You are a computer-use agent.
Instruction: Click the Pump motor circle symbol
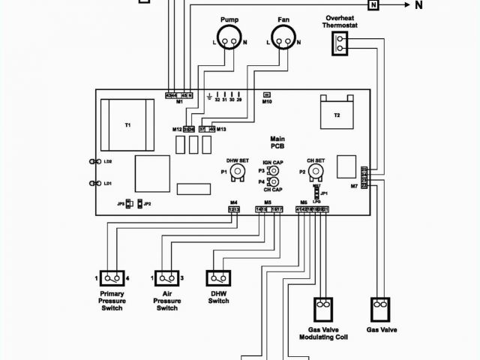click(230, 36)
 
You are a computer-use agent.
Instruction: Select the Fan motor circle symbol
click(283, 36)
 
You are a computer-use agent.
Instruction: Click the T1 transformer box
click(127, 124)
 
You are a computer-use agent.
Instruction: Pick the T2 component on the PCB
click(337, 114)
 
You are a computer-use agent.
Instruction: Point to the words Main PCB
click(277, 142)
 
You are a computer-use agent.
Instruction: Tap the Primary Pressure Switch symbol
click(112, 277)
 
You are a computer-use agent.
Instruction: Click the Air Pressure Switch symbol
click(166, 277)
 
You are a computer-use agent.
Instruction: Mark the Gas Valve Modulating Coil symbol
click(322, 307)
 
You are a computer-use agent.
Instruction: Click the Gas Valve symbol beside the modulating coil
click(382, 307)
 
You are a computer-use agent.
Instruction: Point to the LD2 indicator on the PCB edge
click(107, 162)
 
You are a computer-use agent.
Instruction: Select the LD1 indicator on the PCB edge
click(107, 184)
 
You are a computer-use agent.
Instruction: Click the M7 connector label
click(354, 185)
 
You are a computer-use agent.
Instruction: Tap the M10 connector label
click(267, 101)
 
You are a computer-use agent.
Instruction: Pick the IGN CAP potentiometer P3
click(274, 170)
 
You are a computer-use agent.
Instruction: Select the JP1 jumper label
click(324, 193)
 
